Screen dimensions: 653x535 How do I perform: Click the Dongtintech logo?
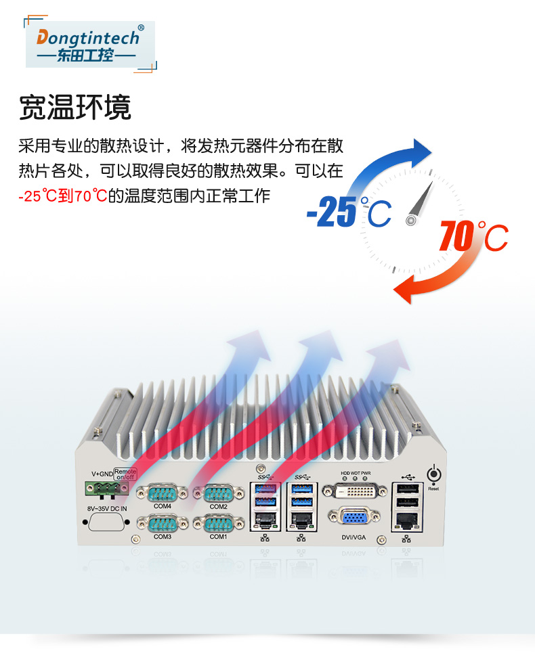click(90, 43)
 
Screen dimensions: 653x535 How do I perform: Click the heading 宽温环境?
click(74, 108)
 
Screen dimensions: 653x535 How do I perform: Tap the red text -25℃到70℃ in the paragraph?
click(63, 197)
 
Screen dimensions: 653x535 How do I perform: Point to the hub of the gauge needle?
click(410, 220)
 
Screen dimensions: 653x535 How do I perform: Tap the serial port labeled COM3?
click(163, 524)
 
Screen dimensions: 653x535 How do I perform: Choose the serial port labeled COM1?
click(217, 524)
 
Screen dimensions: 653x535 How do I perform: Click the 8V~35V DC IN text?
click(107, 508)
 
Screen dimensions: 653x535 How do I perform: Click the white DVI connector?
click(356, 490)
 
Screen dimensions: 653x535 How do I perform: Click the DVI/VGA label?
click(355, 539)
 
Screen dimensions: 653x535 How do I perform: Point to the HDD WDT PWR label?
click(356, 473)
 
